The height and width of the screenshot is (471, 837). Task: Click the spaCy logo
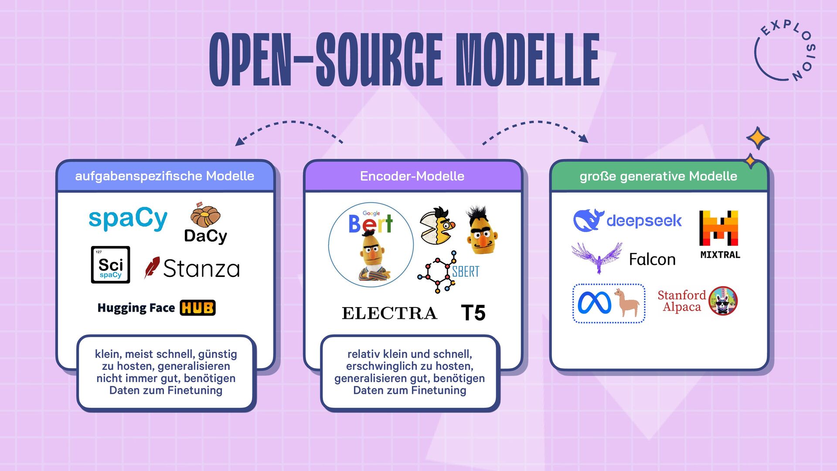coord(128,219)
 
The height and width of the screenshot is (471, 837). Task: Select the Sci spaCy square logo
coord(110,265)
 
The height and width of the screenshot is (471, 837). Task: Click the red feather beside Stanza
coord(152,267)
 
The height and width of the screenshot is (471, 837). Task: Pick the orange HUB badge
coord(197,308)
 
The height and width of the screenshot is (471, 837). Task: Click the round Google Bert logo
coord(371,244)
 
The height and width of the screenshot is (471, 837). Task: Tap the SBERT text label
coord(466,272)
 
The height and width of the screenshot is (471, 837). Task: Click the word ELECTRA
coord(389,313)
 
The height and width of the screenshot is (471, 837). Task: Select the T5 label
coord(473,313)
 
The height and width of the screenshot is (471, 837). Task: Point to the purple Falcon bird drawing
coord(597,257)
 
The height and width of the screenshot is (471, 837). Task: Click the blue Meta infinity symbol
coord(594,303)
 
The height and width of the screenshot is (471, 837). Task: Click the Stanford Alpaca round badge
coord(722,301)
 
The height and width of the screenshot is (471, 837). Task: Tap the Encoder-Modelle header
coord(412,176)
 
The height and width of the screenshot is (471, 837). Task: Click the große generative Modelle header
coord(658,176)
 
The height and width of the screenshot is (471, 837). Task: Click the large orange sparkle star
coord(758,139)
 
